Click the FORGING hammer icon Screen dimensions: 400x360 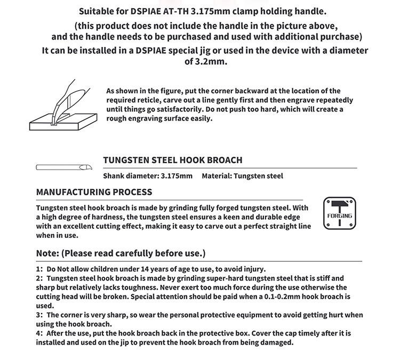[340, 213]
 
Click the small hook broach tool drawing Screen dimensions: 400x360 [64, 167]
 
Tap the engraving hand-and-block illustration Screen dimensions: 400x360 [63, 105]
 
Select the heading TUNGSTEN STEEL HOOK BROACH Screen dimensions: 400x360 [173, 160]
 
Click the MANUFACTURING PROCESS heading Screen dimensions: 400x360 [94, 192]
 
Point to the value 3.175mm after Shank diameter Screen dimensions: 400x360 [177, 176]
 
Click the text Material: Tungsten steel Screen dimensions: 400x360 [242, 176]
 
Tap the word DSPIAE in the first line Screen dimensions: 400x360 [146, 12]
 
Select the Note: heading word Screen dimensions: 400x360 [47, 253]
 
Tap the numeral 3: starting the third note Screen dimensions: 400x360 [39, 315]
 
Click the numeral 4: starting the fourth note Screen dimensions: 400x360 [39, 333]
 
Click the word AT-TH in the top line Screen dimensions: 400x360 [176, 12]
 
